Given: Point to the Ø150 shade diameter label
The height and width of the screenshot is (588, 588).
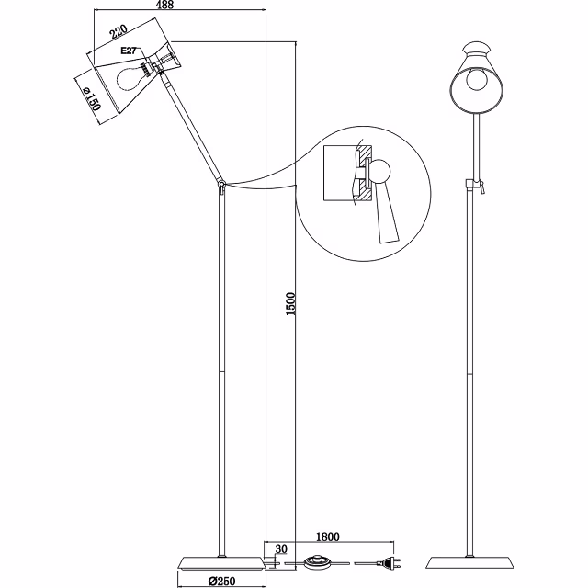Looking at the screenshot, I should [90, 98].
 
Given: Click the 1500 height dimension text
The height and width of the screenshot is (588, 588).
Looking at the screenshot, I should [290, 304].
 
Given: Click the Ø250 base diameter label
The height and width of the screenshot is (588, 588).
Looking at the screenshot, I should [224, 580].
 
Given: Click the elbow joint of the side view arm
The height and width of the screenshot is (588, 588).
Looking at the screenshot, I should [221, 186].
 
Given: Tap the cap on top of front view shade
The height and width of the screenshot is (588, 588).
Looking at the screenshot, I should [476, 46].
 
